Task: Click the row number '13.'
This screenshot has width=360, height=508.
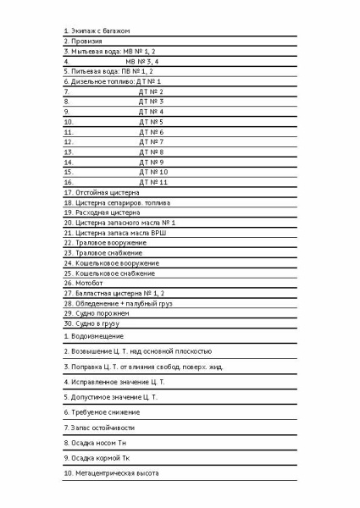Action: point(69,152)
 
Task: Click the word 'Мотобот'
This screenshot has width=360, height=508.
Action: point(92,283)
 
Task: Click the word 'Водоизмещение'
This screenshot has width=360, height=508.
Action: point(99,336)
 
